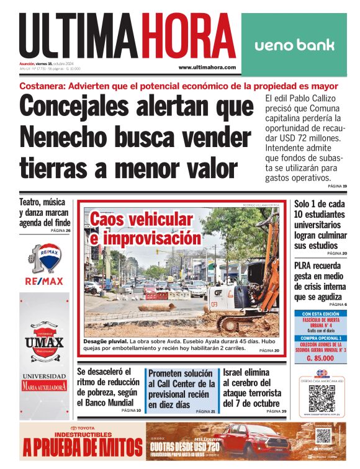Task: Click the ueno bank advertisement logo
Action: coord(294,45)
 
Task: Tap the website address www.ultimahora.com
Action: coord(207,67)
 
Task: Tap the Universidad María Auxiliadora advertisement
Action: coord(44,382)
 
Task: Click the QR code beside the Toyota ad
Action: coord(323,436)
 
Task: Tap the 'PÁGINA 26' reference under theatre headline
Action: coord(60,231)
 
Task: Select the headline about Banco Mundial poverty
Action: coord(108,386)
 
